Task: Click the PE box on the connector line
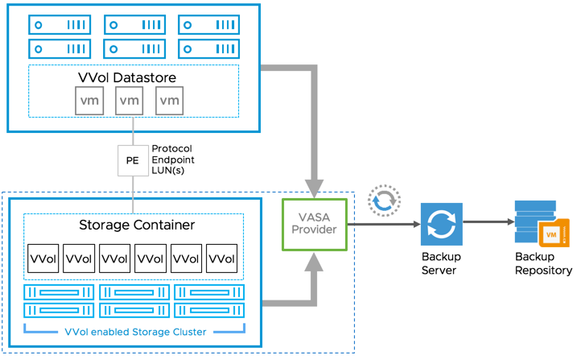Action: pyautogui.click(x=133, y=160)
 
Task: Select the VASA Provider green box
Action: pyautogui.click(x=314, y=223)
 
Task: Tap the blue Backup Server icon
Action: pyautogui.click(x=441, y=223)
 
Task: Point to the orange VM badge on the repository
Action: pyautogui.click(x=552, y=233)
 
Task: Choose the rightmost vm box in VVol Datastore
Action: pyautogui.click(x=169, y=101)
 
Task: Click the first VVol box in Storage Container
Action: pyautogui.click(x=43, y=259)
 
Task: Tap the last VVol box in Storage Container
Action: pyautogui.click(x=222, y=259)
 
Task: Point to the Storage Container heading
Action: pyautogui.click(x=136, y=225)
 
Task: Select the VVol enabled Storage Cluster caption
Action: pyautogui.click(x=134, y=332)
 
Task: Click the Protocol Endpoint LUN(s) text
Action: pyautogui.click(x=173, y=159)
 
